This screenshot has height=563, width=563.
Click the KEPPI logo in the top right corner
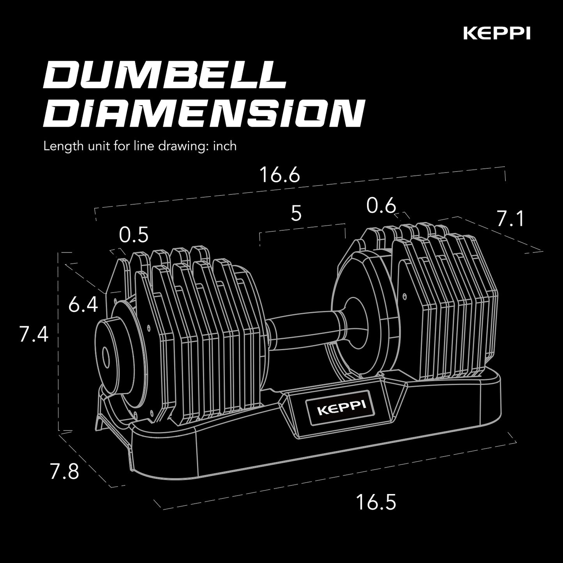[x=496, y=33]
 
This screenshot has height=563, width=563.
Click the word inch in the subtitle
[x=225, y=146]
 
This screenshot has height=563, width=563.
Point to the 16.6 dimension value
[x=279, y=175]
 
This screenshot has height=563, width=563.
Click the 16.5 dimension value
[x=376, y=502]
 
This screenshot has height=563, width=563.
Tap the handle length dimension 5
[x=297, y=214]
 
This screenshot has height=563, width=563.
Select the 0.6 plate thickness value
[x=381, y=206]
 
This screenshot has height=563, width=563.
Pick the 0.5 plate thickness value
[x=134, y=235]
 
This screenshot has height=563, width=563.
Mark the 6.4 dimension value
[x=83, y=304]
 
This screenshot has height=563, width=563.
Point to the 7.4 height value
[x=34, y=334]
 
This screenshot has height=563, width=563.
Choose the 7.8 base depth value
[x=64, y=471]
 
